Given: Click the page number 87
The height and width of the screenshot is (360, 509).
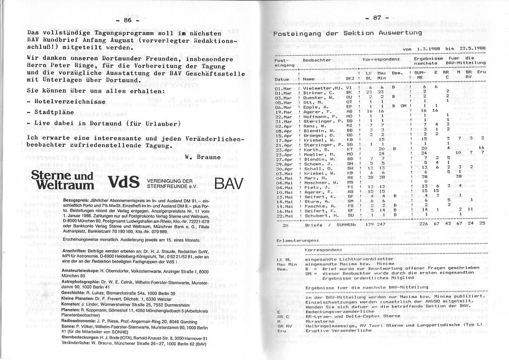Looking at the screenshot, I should click(x=377, y=18).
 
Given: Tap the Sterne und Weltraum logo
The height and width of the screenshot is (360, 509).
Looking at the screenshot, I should click(x=62, y=180).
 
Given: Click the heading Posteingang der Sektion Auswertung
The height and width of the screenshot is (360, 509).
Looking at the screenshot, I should click(x=347, y=33).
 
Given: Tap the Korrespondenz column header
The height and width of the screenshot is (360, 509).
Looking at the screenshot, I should click(x=381, y=58).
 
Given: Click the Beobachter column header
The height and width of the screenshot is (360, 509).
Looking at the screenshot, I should click(x=317, y=59).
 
